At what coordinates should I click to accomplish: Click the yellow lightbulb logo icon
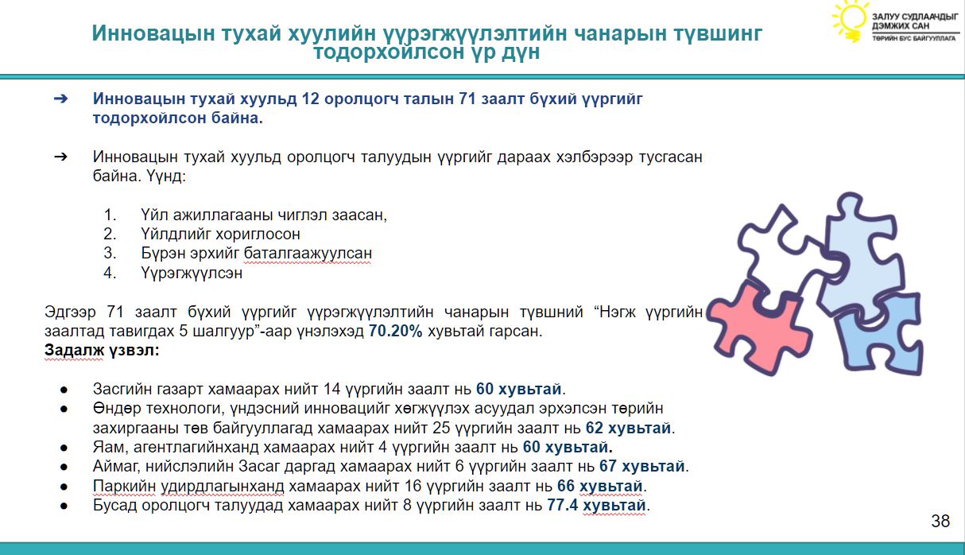[x=849, y=21]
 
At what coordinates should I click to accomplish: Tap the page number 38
[x=940, y=521]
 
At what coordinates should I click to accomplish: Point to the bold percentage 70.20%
[x=396, y=331]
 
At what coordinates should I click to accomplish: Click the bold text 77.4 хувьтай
[x=596, y=505]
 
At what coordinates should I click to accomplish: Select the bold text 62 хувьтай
[x=628, y=428]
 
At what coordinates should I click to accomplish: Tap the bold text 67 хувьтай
[x=642, y=466]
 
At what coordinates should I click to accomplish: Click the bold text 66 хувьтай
[x=599, y=486]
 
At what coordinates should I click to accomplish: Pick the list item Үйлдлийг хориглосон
[x=220, y=234]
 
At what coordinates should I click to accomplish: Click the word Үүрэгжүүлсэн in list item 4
[x=192, y=273]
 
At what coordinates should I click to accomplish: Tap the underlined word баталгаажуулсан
[x=308, y=254]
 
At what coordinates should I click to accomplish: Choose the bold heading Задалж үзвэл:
[x=102, y=350]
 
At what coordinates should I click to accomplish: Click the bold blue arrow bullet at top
[x=60, y=99]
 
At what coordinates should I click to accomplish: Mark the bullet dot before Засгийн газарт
[x=64, y=390]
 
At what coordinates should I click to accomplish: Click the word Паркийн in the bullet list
[x=124, y=486]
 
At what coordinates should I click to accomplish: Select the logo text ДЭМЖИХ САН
[x=901, y=26]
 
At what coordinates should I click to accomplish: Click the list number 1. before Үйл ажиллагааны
[x=110, y=215]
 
